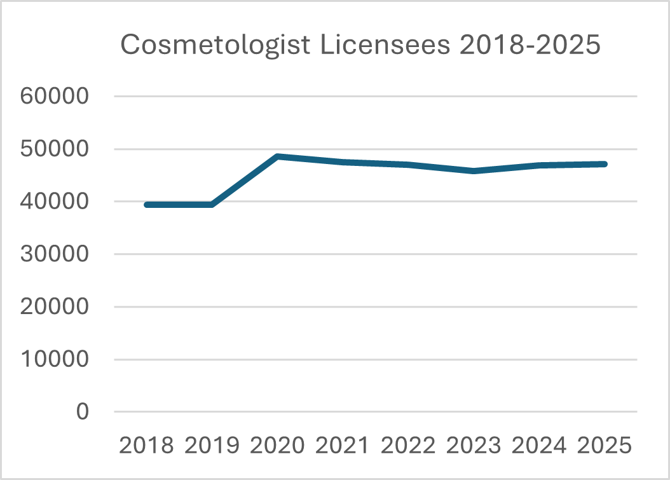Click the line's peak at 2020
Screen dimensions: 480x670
(x=278, y=156)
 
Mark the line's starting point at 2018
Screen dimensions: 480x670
(x=147, y=205)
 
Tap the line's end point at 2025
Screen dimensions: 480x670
(x=605, y=164)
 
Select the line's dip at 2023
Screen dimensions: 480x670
(x=474, y=171)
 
